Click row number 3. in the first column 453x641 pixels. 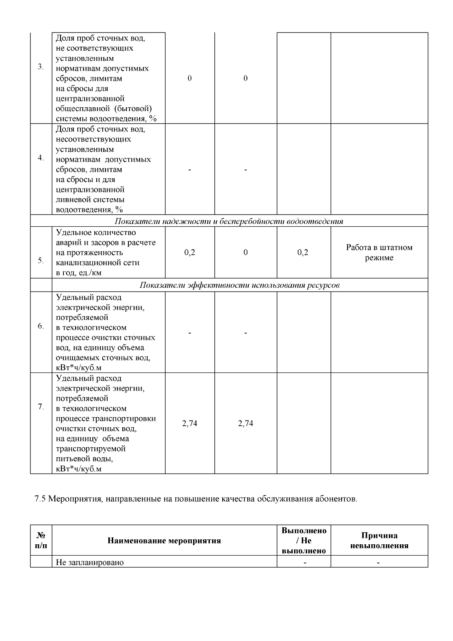tap(41, 67)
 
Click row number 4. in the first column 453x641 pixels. tap(41, 158)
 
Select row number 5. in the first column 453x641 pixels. tap(41, 261)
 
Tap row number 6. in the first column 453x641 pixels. tap(41, 326)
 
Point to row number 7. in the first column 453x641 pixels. tap(41, 407)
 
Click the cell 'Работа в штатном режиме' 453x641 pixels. tap(379, 253)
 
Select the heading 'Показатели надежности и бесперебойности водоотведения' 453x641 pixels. tap(229, 221)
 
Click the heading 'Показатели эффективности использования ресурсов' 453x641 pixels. tap(239, 285)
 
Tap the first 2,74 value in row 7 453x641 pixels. tap(190, 423)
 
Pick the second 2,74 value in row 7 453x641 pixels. tap(245, 423)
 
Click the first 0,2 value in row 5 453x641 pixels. tap(190, 253)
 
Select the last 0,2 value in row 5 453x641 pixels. tap(303, 253)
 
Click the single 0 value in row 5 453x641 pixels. tap(245, 253)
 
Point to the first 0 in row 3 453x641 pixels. tap(190, 79)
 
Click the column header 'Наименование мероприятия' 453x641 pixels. tap(164, 541)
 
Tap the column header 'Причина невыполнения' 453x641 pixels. tap(379, 541)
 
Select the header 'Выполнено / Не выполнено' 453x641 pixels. tap(304, 541)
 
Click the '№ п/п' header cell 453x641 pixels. tap(41, 541)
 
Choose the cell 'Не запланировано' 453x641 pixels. tap(90, 562)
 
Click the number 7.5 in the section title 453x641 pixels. tap(40, 499)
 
